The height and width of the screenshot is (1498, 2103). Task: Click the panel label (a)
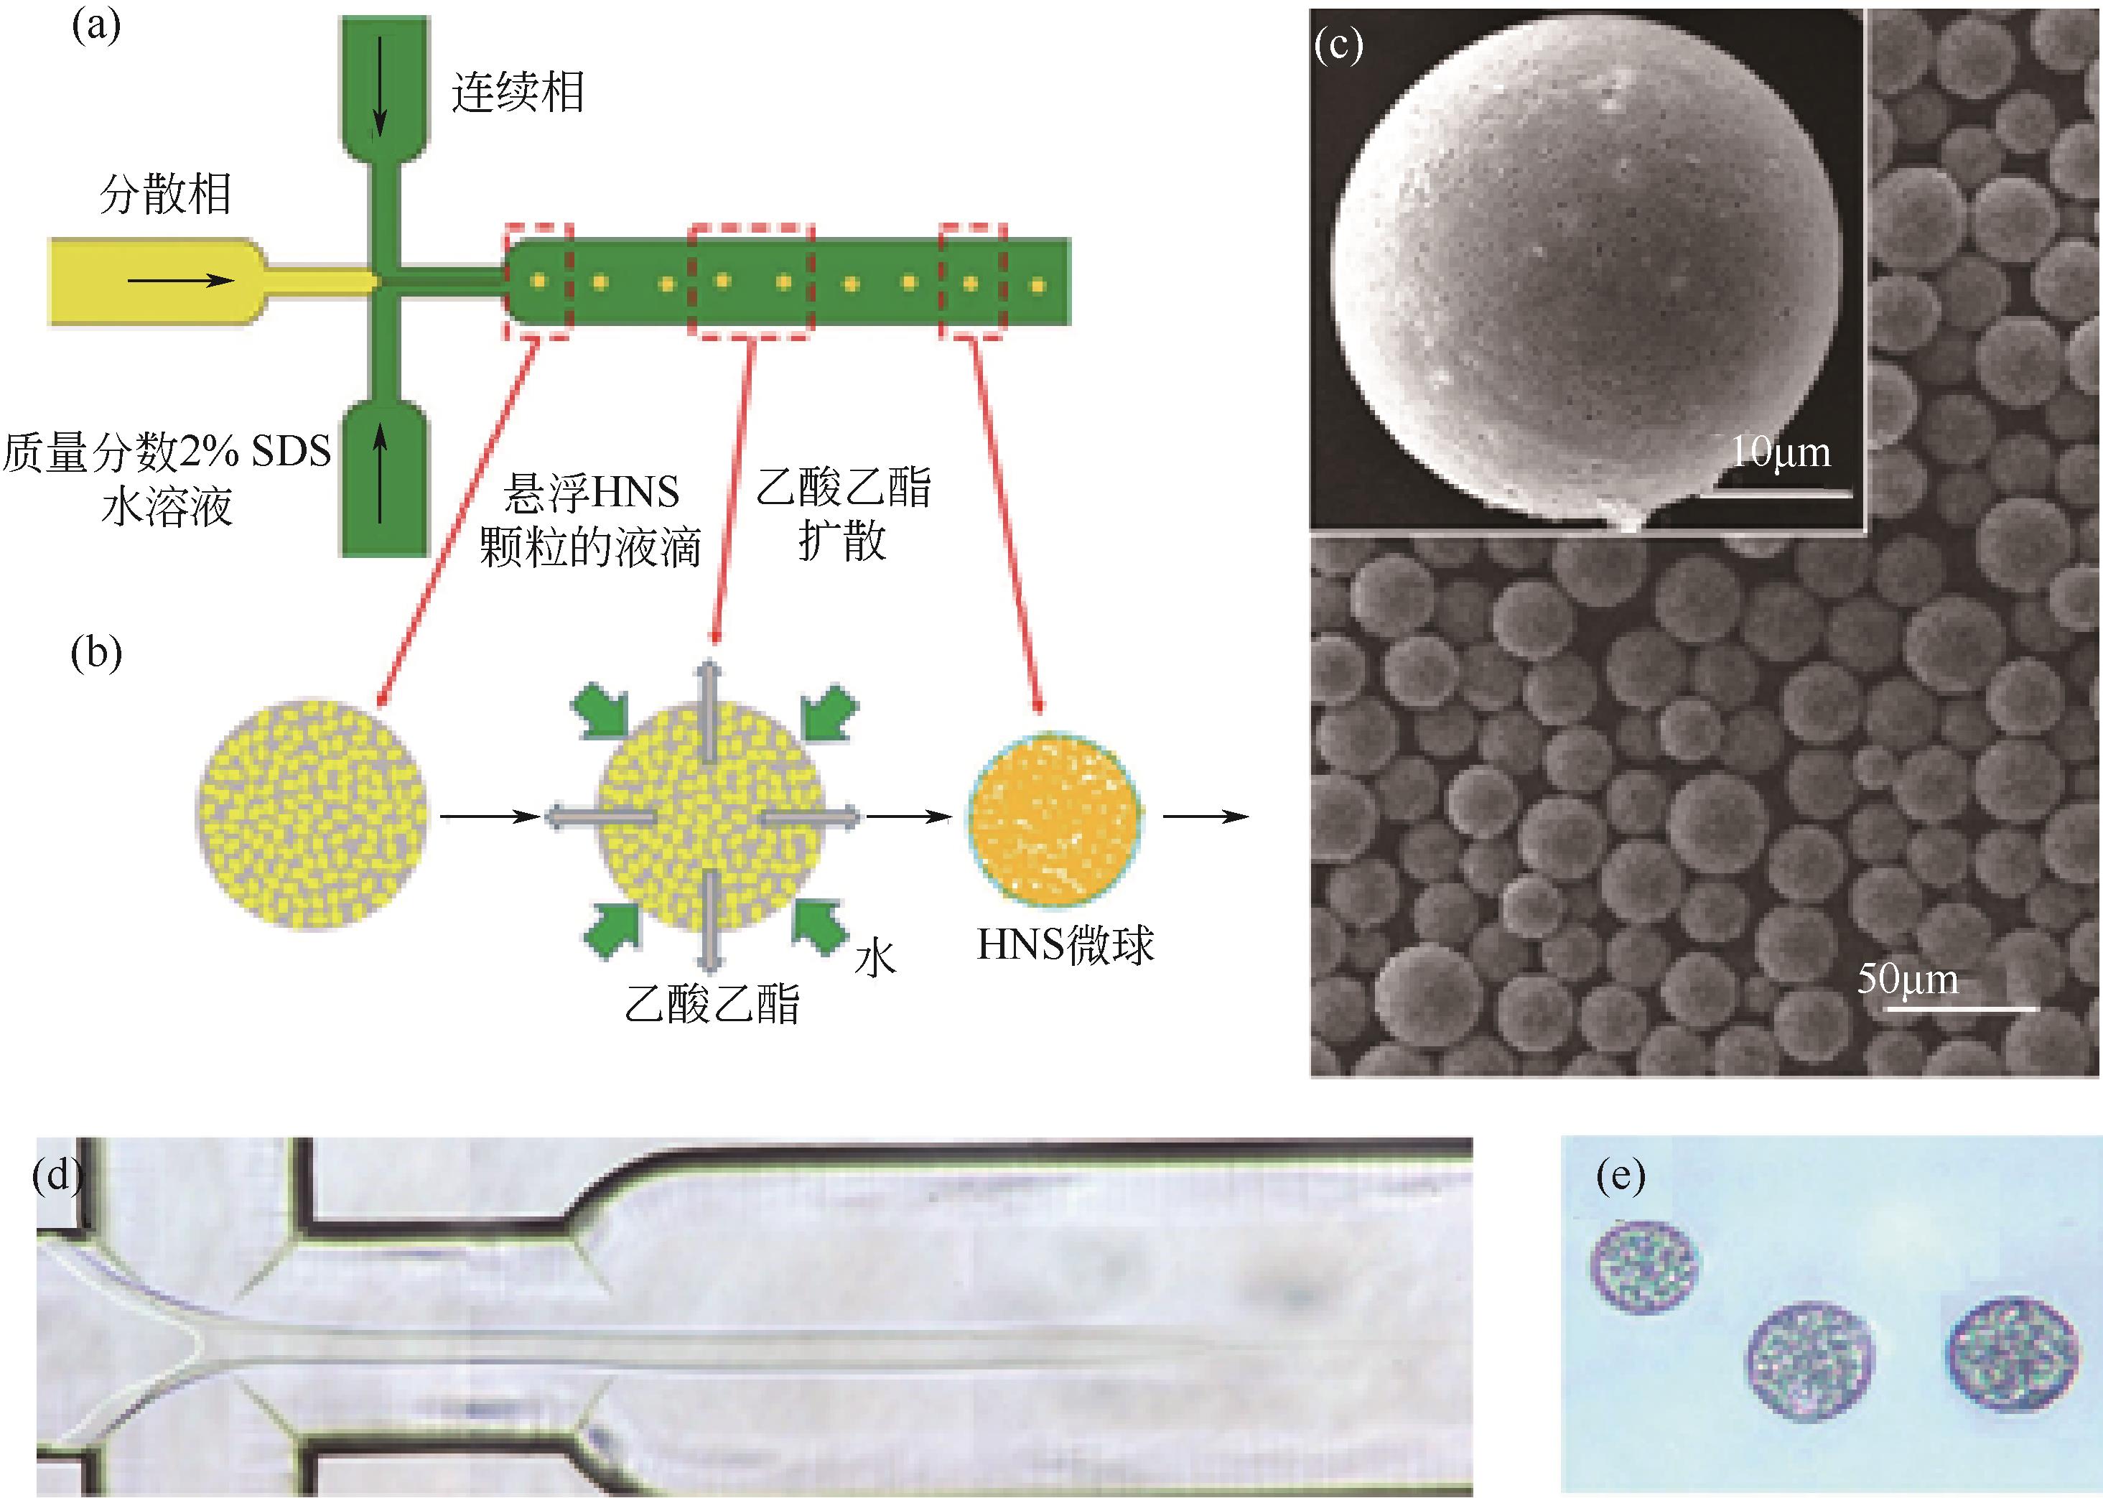pos(96,26)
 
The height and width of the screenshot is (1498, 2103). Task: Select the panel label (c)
pos(1338,45)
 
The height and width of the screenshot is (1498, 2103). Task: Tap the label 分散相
pos(165,195)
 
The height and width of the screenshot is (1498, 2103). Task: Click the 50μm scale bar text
pos(1908,980)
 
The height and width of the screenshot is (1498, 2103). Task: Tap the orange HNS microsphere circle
pos(1054,817)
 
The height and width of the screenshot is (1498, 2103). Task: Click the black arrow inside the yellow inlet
pos(181,279)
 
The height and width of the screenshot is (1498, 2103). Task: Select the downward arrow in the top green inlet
pos(380,83)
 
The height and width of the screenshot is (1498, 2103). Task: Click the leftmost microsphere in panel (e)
pos(1646,1267)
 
